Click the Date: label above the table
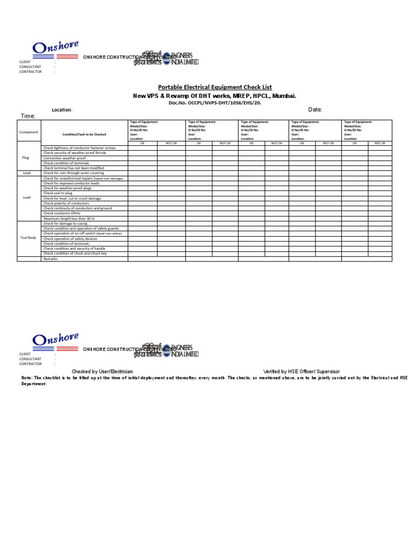click(x=315, y=110)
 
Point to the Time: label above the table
click(x=28, y=116)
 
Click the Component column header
click(x=29, y=132)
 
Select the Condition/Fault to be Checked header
click(x=84, y=134)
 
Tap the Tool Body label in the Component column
click(x=28, y=237)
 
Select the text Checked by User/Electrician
click(x=102, y=372)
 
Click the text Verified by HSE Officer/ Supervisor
click(x=301, y=372)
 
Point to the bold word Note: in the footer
click(x=27, y=378)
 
